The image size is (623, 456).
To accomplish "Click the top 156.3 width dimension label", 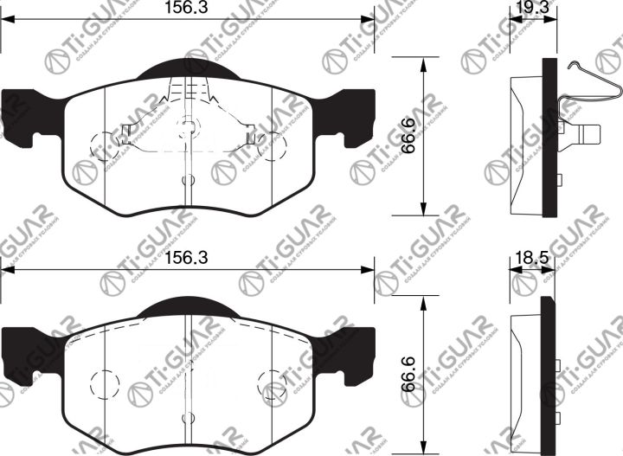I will (x=188, y=8).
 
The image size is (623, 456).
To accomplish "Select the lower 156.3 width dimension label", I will (x=188, y=257).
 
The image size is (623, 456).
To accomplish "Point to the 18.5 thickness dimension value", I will (x=523, y=257).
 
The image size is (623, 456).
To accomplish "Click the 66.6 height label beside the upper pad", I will (x=408, y=137).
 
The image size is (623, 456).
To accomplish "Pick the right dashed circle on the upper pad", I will (x=271, y=145).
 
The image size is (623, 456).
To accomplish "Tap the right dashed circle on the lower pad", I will (x=271, y=382).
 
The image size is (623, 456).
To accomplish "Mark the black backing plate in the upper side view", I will (x=549, y=138).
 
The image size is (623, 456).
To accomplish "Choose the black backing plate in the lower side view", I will (x=547, y=372).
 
